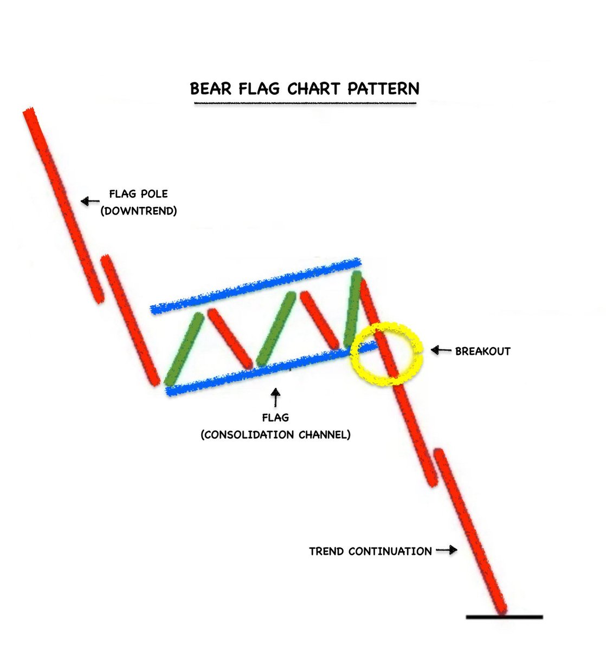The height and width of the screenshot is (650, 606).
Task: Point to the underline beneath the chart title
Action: (x=305, y=103)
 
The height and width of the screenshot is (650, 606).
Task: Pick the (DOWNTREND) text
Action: (x=139, y=211)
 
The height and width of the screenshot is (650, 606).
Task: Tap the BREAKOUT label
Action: (x=482, y=351)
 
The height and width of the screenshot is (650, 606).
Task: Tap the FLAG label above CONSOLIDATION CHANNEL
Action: (x=275, y=418)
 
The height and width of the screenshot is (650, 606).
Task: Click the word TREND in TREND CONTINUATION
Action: (x=326, y=551)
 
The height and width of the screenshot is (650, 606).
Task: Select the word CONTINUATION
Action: (x=390, y=551)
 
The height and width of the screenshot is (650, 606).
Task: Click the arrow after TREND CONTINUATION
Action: (x=447, y=550)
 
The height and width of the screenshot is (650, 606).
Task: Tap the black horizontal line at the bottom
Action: (x=504, y=616)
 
